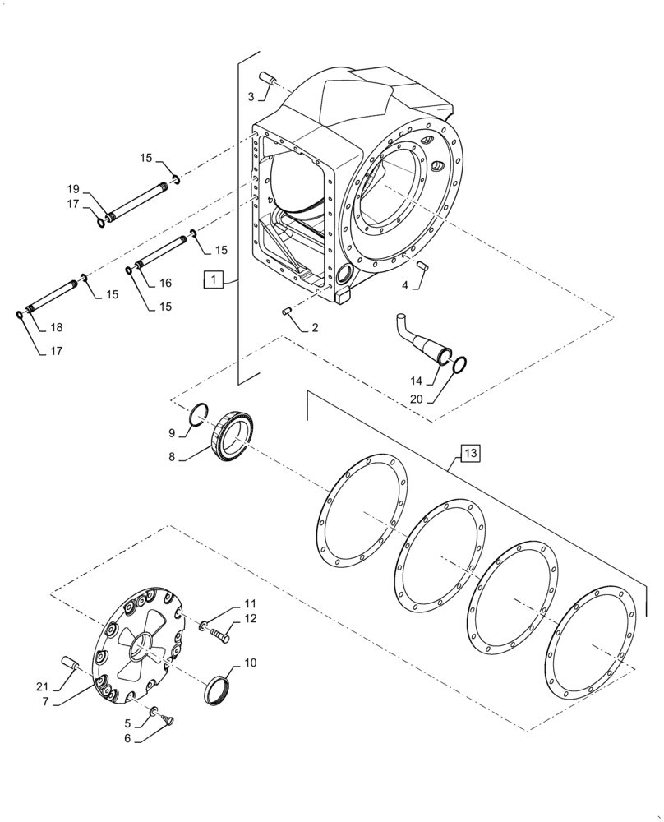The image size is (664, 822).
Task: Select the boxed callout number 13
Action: tap(469, 453)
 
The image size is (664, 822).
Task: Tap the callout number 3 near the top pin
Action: tap(251, 96)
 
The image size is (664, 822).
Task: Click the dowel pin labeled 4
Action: tap(422, 264)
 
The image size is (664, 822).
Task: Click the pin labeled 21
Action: tap(69, 662)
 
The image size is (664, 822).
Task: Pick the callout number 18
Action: tap(55, 327)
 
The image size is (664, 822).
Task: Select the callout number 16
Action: tap(165, 283)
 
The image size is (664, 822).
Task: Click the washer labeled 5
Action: tap(154, 709)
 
